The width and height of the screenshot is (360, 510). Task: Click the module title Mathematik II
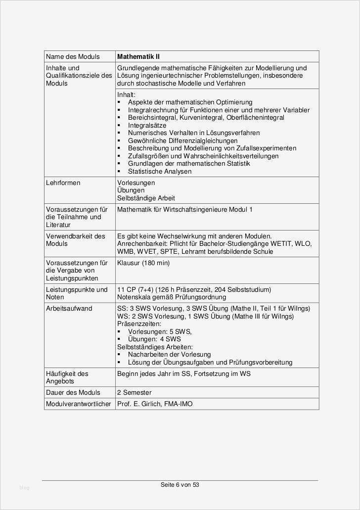(138, 56)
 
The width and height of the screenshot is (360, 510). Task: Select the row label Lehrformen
(63, 183)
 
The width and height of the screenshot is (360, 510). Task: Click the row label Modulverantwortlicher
(79, 404)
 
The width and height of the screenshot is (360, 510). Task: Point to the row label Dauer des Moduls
(73, 392)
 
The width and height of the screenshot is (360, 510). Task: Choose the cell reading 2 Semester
(134, 392)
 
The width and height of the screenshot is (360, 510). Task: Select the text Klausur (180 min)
(143, 263)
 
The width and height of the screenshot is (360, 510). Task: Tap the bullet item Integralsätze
(147, 125)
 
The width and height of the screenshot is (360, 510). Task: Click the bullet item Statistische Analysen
(160, 171)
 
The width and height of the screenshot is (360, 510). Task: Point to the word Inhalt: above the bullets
(126, 94)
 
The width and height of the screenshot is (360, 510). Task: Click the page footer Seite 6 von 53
(180, 485)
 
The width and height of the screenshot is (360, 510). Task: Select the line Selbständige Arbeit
(146, 198)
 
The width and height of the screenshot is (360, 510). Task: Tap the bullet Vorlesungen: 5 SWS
(159, 331)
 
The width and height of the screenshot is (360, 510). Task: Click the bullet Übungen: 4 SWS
(154, 339)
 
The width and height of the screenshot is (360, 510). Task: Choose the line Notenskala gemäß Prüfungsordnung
(172, 297)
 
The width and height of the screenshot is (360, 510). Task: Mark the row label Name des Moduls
(73, 56)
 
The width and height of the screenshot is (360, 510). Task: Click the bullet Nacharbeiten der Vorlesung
(169, 354)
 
